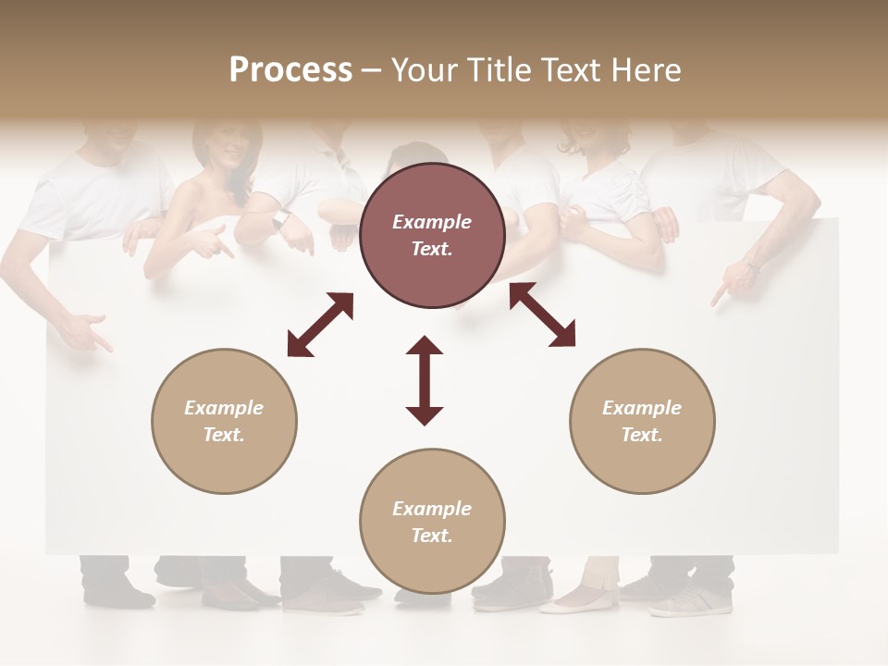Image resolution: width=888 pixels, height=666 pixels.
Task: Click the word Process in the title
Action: tap(290, 70)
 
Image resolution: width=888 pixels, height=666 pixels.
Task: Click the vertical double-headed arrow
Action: tap(425, 380)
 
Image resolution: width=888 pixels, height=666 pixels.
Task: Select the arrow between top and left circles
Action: tap(320, 325)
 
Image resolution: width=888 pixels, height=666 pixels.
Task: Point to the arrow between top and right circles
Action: tap(542, 315)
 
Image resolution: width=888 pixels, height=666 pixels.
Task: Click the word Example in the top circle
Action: tap(431, 222)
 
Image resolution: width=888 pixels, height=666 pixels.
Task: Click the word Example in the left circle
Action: tap(224, 408)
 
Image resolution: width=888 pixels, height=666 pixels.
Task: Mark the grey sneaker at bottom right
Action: tap(690, 601)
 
